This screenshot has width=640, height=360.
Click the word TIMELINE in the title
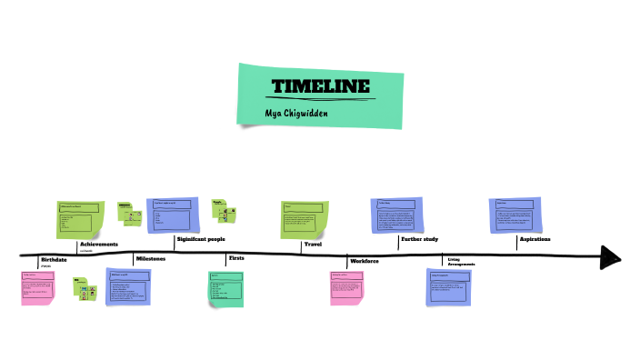321,87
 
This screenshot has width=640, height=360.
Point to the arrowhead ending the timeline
611,257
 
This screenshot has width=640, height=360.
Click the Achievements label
99,245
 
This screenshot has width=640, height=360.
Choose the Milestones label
151,259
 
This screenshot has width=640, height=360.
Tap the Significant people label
201,239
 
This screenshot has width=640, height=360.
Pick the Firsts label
235,259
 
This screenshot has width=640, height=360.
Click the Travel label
313,244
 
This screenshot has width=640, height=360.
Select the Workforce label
364,261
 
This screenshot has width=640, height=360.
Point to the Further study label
420,239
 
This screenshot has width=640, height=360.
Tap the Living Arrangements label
462,262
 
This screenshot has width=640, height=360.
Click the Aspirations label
535,239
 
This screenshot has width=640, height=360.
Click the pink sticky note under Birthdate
38,286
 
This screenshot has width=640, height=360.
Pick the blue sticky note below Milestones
128,286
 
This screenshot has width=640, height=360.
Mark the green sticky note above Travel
303,219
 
